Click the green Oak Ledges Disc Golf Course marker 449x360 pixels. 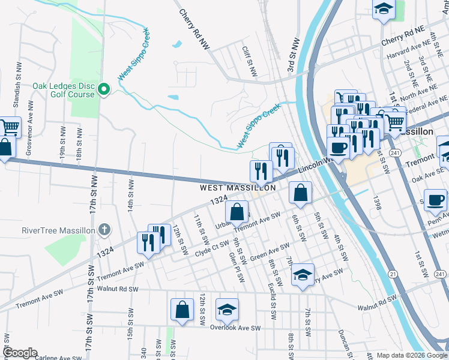click(x=104, y=90)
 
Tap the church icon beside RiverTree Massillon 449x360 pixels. click(x=104, y=230)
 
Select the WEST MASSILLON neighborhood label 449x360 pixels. click(x=238, y=188)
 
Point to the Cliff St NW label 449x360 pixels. click(x=249, y=61)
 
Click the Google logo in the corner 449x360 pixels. click(x=20, y=353)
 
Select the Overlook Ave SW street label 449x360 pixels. click(x=235, y=328)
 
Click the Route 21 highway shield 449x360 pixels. click(x=393, y=274)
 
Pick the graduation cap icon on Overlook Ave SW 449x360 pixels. click(x=227, y=309)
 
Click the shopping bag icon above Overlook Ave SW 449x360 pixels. click(x=182, y=309)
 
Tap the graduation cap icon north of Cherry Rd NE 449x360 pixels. click(x=384, y=9)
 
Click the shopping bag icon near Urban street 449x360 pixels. click(x=237, y=211)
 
